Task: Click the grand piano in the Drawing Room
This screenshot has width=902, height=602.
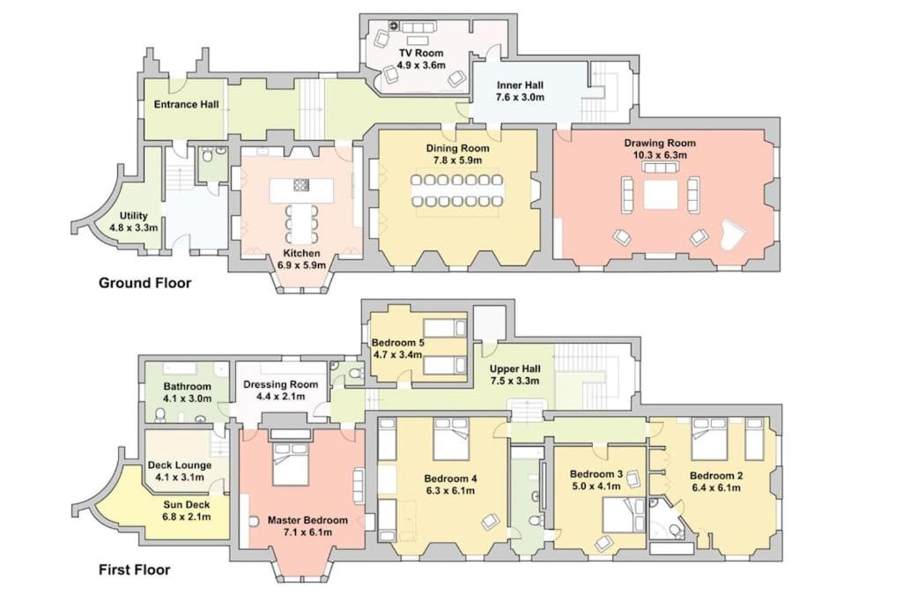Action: point(732,234)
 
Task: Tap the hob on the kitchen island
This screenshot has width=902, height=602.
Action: point(302,185)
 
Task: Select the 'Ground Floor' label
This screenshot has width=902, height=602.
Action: point(145,283)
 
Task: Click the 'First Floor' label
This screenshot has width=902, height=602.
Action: point(135,569)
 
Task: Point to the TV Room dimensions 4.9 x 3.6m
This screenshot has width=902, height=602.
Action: point(422,65)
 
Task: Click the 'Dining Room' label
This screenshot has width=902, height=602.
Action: point(458,148)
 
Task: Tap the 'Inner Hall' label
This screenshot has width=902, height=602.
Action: point(520,85)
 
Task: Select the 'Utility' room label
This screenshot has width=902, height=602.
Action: point(134,216)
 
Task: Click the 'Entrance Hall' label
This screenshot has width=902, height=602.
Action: point(187,105)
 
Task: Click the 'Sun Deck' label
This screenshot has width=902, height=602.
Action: point(187,505)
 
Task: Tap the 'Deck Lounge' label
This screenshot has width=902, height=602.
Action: point(180,465)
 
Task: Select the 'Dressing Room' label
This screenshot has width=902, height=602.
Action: point(281,384)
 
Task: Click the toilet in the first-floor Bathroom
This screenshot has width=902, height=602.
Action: point(161,414)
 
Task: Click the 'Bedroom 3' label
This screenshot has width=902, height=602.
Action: point(596,474)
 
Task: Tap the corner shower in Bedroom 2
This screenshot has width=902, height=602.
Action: point(666,518)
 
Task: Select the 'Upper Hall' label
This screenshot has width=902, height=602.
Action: point(514,369)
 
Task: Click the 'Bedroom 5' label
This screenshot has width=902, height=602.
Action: point(398,343)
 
